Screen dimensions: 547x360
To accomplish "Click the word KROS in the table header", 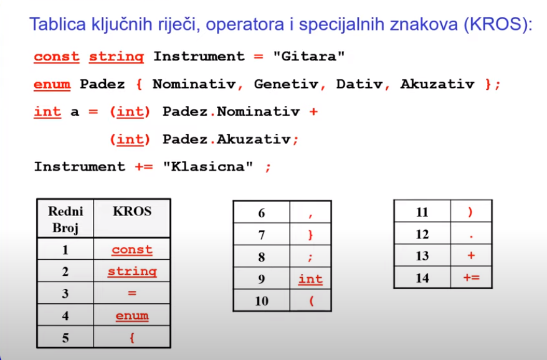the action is coord(132,211).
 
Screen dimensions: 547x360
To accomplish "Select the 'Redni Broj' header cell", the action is coord(65,219).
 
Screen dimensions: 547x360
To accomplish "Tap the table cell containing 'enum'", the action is coord(132,315).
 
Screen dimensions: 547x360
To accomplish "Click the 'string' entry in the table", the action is coord(132,271).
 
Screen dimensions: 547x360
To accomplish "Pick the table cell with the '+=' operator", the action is coord(471,277).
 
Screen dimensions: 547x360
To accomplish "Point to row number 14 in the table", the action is coord(422,278).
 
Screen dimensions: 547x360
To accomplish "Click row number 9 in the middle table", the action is coord(261,279).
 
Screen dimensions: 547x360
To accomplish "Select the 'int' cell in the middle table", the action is coord(310,278).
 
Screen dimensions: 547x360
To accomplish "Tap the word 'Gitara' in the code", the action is coord(308,56).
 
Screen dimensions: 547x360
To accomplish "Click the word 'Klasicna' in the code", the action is coord(208,166).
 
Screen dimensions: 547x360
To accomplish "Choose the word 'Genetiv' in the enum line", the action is coord(286,84).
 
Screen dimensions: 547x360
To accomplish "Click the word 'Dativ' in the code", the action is coord(359,84).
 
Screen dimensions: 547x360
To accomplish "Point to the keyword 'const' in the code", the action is coord(57,57).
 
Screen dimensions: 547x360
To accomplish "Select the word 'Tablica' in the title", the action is coord(57,24).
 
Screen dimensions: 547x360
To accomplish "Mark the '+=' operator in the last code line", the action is coord(144,167).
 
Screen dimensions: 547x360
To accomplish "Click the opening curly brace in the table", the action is coord(132,338).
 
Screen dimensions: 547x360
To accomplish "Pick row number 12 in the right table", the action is coord(422,234).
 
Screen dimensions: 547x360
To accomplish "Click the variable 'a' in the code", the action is coord(75,112).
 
